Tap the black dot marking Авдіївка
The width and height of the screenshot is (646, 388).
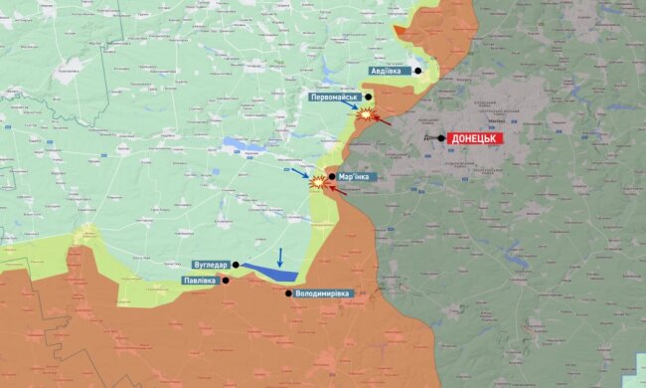[x=418, y=71]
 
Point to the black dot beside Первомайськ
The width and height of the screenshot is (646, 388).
[x=368, y=97]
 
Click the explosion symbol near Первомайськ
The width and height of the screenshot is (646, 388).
[x=366, y=115]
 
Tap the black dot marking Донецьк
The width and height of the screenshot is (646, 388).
[x=441, y=138]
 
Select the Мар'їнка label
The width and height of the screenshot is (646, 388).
[x=358, y=176]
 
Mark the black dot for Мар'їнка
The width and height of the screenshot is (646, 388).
[x=331, y=176]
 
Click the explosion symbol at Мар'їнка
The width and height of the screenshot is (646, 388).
[x=318, y=182]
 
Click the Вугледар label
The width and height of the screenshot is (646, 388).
[x=212, y=265]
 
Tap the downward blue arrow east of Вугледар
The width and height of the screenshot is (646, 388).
[x=280, y=257]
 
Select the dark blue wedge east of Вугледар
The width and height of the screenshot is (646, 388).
[x=269, y=272]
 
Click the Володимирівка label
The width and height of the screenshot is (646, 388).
[x=327, y=293]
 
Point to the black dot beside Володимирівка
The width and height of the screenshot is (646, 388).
[x=289, y=292]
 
